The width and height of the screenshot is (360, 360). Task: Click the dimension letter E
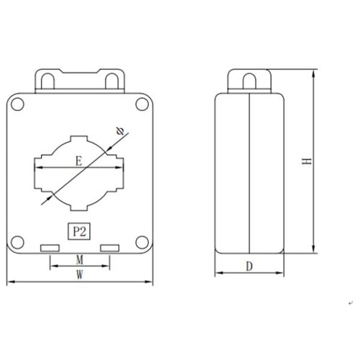(78, 161)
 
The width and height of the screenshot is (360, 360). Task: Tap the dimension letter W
(79, 275)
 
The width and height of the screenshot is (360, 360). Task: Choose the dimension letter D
(248, 267)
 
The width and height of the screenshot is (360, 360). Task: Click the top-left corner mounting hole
(17, 104)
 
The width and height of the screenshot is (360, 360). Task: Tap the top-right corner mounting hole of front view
(142, 104)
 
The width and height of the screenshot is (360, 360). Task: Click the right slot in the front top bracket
(111, 79)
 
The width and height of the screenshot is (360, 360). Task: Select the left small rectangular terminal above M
(49, 248)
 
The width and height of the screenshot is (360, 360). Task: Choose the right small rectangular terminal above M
(109, 248)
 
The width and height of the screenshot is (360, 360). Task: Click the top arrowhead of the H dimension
(313, 73)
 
